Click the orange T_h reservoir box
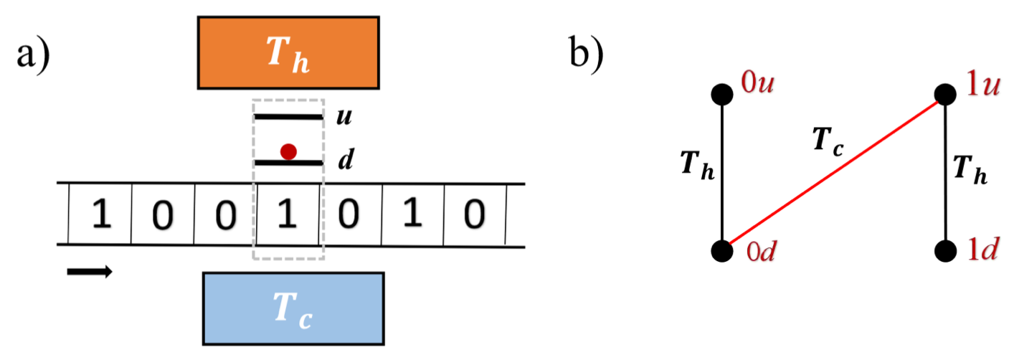[288, 52]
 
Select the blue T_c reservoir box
[293, 310]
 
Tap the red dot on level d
[288, 151]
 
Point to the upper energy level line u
[288, 115]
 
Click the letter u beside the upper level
[345, 115]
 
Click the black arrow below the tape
[90, 271]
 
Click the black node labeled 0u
[721, 94]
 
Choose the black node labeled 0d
[721, 250]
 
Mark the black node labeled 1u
[945, 94]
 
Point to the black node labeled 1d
[945, 250]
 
